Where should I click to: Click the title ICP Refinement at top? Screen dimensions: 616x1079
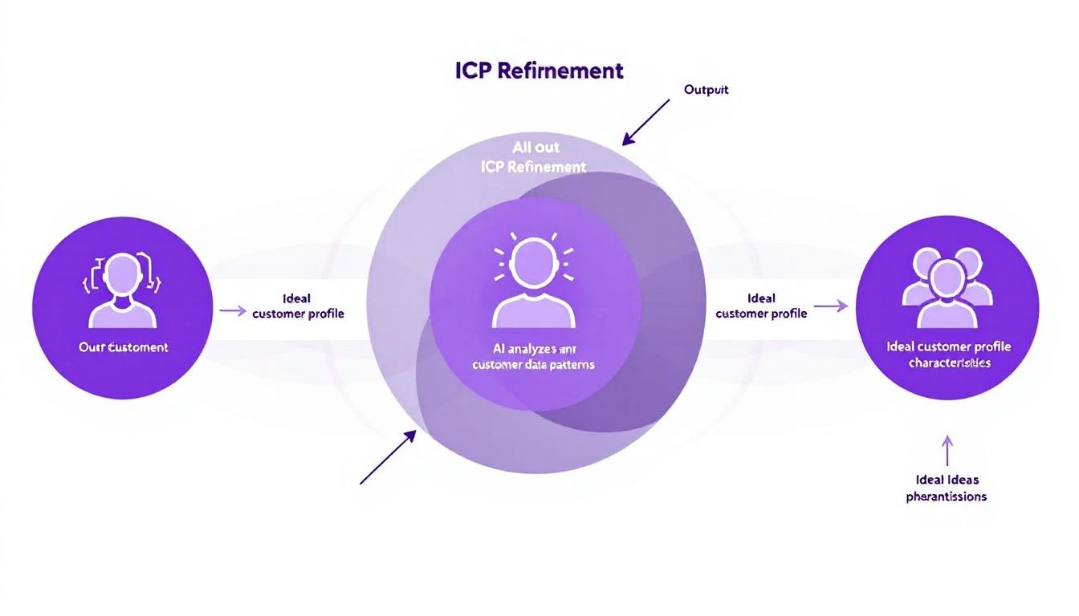(x=539, y=71)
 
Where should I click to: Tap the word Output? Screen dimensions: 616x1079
(x=706, y=90)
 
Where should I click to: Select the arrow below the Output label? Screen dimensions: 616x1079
(x=645, y=122)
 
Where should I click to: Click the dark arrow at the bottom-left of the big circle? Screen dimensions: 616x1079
(x=388, y=457)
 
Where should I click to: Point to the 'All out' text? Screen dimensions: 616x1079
(x=535, y=148)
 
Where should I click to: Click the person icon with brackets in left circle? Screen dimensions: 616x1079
(x=122, y=290)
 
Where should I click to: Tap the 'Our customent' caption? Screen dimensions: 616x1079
(x=123, y=347)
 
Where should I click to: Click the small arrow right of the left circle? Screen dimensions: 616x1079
(x=232, y=310)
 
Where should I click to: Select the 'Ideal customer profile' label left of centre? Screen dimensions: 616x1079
(x=298, y=306)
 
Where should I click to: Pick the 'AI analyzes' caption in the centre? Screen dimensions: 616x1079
(x=534, y=357)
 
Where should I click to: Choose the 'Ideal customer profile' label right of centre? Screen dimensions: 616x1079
(x=761, y=306)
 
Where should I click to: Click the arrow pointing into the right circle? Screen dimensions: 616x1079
(x=831, y=306)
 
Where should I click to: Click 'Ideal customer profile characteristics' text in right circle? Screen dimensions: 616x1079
(x=948, y=355)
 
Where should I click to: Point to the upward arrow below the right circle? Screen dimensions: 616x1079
(x=947, y=450)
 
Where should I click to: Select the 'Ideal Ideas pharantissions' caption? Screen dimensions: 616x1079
(x=947, y=488)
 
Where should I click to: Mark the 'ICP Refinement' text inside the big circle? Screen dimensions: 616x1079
(x=533, y=167)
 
